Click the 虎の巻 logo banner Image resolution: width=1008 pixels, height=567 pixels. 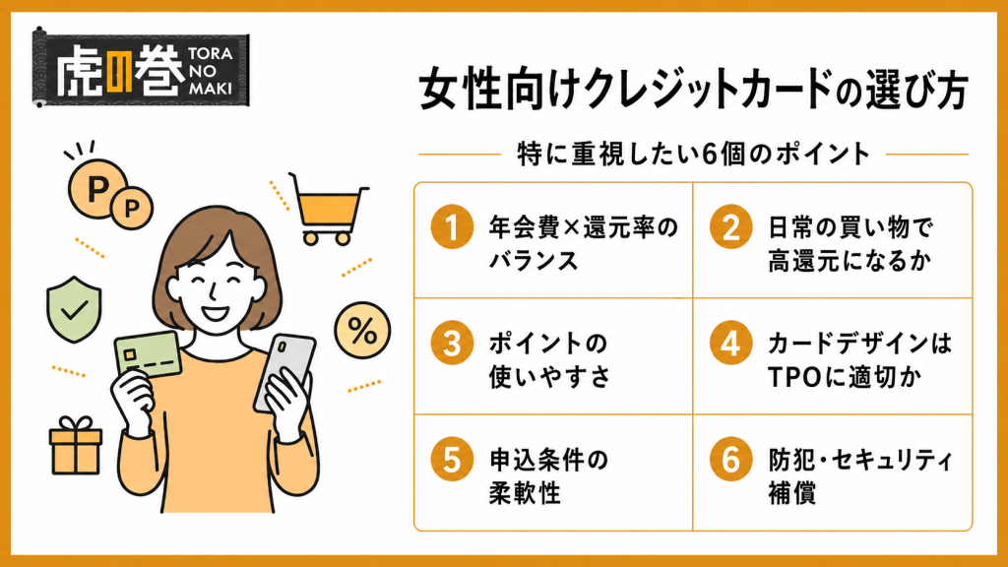pyautogui.click(x=141, y=68)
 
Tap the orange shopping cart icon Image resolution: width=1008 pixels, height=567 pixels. pyautogui.click(x=328, y=209)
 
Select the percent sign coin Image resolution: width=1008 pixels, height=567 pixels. pyautogui.click(x=362, y=331)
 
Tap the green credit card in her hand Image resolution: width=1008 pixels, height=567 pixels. pyautogui.click(x=148, y=356)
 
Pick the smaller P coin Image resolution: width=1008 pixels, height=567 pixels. pyautogui.click(x=132, y=208)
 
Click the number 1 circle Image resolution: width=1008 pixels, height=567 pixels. pyautogui.click(x=452, y=227)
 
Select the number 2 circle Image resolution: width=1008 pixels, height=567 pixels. pyautogui.click(x=731, y=227)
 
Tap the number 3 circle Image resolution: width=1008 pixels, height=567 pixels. pyautogui.click(x=452, y=344)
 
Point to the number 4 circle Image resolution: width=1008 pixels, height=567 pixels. pyautogui.click(x=731, y=344)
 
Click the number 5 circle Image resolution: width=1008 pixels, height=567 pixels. pyautogui.click(x=452, y=459)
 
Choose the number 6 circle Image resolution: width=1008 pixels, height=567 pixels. pyautogui.click(x=731, y=459)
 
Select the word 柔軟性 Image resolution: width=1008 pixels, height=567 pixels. pyautogui.click(x=525, y=493)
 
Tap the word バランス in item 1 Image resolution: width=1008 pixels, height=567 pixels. pyautogui.click(x=534, y=261)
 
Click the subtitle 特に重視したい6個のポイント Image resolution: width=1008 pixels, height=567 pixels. pyautogui.click(x=694, y=155)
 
